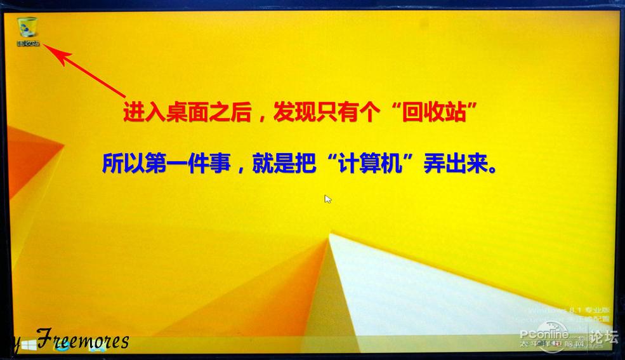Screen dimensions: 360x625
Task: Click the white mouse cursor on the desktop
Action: [327, 199]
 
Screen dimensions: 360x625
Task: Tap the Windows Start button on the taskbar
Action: [29, 345]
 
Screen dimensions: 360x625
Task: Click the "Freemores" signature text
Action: [82, 340]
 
